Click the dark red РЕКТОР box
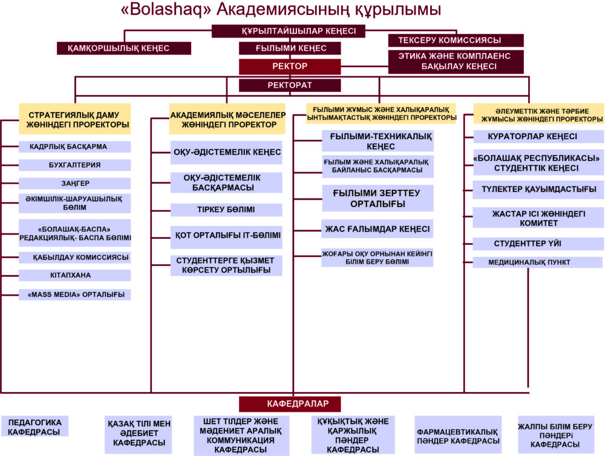pos(290,66)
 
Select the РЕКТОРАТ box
pos(290,85)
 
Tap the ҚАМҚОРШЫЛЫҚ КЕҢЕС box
pos(124,48)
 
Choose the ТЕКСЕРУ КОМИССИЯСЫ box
pos(456,41)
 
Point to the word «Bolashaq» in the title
pos(162,10)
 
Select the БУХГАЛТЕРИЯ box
pos(75,164)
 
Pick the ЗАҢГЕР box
pos(75,183)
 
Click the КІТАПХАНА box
pos(75,275)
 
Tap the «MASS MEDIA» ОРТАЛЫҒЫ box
pos(75,295)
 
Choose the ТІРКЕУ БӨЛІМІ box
pos(226,210)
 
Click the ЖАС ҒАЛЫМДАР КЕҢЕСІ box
pos(378,229)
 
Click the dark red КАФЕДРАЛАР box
pos(290,403)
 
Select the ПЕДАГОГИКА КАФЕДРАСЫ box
pos(34,426)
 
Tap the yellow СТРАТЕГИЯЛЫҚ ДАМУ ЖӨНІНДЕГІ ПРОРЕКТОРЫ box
pos(75,120)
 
